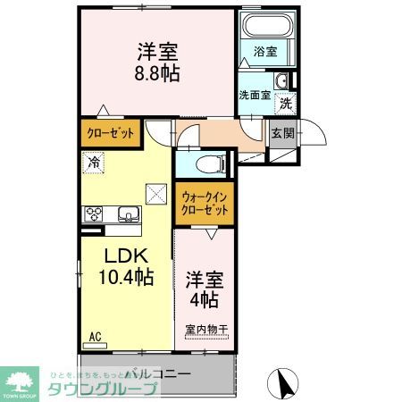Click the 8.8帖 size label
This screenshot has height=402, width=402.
tap(158, 74)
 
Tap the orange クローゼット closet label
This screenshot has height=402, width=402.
tap(111, 133)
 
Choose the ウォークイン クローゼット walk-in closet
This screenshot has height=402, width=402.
tap(204, 204)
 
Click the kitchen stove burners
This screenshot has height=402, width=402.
tap(94, 214)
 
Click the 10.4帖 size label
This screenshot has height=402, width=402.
tap(126, 278)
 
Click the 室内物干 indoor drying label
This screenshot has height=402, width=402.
tap(206, 330)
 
